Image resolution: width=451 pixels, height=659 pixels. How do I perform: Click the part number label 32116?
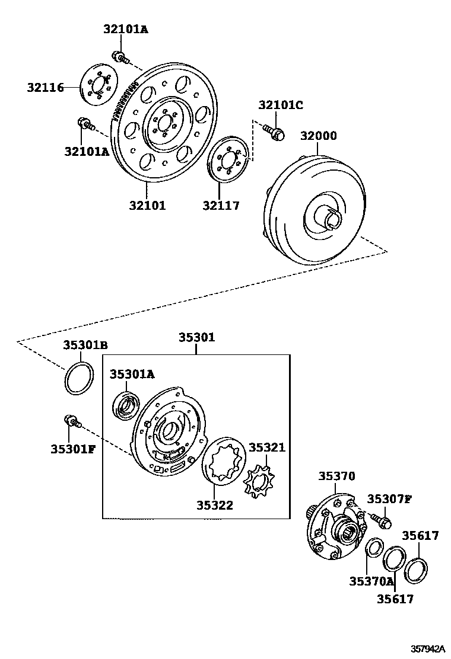(x=45, y=88)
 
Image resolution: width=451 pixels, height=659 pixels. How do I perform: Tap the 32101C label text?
(x=281, y=105)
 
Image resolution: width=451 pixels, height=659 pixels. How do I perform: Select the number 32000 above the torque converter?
(x=318, y=136)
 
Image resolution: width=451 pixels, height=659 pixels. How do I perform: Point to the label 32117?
(x=221, y=206)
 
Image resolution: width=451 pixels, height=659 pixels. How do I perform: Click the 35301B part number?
(x=86, y=345)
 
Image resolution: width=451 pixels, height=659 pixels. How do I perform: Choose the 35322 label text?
(x=215, y=505)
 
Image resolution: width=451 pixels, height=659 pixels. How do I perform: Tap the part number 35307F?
(x=389, y=498)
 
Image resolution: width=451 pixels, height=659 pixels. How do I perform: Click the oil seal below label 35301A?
(x=126, y=406)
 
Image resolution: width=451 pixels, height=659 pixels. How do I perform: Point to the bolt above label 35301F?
(x=70, y=421)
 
